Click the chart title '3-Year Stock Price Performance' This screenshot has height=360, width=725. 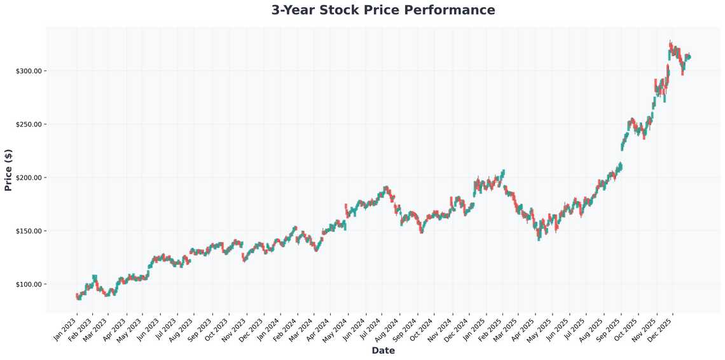tap(383, 10)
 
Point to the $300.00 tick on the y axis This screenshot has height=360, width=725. tap(29, 71)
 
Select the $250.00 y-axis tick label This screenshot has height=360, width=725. tap(29, 124)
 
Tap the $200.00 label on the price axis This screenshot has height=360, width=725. tap(29, 177)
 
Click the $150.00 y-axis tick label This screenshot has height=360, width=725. tap(29, 231)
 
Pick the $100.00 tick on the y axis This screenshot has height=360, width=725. tap(29, 284)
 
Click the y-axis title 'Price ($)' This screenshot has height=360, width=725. tap(8, 170)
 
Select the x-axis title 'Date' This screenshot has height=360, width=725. tap(383, 350)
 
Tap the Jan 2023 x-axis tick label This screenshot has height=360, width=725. tap(66, 329)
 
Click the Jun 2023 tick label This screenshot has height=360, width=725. tap(149, 329)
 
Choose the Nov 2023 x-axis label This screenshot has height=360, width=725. tap(235, 329)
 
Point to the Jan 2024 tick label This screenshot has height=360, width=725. tap(268, 329)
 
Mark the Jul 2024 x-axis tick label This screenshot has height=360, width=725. tap(370, 329)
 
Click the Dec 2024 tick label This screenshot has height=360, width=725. tap(455, 329)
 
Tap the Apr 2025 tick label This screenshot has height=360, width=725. tap(523, 329)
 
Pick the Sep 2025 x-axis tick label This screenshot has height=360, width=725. tap(609, 329)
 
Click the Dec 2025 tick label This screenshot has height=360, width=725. tap(661, 329)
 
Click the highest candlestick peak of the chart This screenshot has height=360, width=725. tap(670, 41)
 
